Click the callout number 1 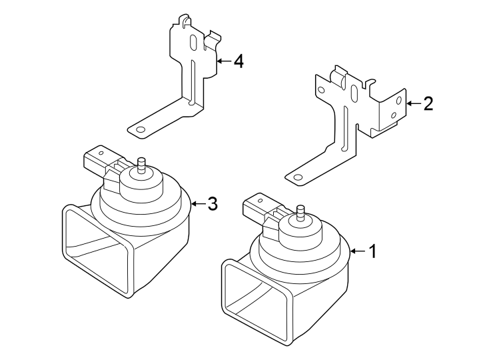pyautogui.click(x=373, y=251)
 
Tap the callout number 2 pyautogui.click(x=428, y=103)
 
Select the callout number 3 pyautogui.click(x=213, y=204)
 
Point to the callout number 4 pyautogui.click(x=238, y=62)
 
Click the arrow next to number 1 pyautogui.click(x=356, y=251)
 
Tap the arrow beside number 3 pyautogui.click(x=198, y=204)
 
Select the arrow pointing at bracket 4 pyautogui.click(x=223, y=62)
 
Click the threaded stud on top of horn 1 pyautogui.click(x=300, y=213)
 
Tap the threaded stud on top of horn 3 pyautogui.click(x=141, y=164)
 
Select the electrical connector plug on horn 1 pyautogui.click(x=256, y=207)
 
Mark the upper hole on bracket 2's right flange pyautogui.click(x=398, y=101)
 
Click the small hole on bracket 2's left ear pyautogui.click(x=321, y=89)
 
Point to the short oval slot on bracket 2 pyautogui.click(x=354, y=96)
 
